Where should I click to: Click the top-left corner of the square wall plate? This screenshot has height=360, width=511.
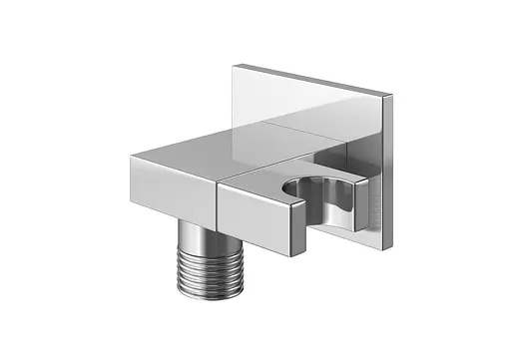click(236, 67)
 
